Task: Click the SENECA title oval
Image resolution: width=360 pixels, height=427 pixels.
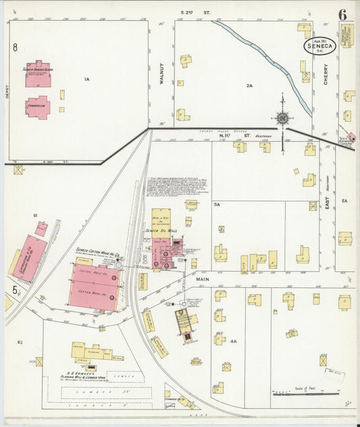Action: (319, 46)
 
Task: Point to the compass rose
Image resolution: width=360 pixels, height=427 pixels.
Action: (282, 118)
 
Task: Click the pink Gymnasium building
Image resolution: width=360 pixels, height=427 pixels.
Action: (37, 106)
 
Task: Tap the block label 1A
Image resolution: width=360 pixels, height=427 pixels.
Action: (86, 80)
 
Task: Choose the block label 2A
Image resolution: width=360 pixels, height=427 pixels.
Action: (249, 86)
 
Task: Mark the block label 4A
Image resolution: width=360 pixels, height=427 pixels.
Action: (233, 342)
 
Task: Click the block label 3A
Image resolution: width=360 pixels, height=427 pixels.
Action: (217, 203)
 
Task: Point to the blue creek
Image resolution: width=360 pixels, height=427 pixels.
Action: (270, 57)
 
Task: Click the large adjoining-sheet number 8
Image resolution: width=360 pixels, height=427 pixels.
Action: (14, 47)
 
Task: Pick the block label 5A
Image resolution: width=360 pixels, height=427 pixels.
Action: (344, 201)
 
